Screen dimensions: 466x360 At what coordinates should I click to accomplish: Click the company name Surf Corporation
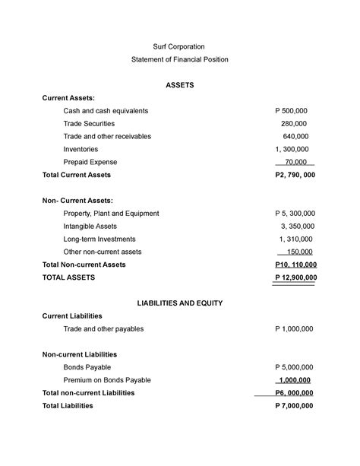coord(179,47)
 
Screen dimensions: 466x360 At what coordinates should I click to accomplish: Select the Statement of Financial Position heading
coord(179,59)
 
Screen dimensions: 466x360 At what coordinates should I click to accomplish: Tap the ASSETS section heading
coord(179,85)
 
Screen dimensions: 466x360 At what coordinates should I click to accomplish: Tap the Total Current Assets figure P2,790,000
coord(295,175)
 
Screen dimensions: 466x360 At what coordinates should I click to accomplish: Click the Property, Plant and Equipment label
coord(111,214)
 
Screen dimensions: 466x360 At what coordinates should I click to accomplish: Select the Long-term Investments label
coord(99,239)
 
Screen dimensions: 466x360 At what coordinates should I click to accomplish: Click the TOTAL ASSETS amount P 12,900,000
coord(295,277)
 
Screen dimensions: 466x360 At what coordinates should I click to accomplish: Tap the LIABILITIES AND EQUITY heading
coord(179,303)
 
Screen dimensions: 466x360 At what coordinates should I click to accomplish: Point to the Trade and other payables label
coord(103,329)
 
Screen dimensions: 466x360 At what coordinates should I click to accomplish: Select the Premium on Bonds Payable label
coord(107,380)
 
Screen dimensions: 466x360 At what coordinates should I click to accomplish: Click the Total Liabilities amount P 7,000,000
coord(293,406)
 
